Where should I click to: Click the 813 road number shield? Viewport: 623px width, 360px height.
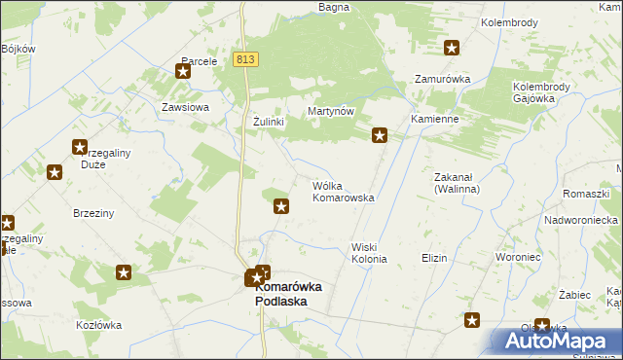pos(245,59)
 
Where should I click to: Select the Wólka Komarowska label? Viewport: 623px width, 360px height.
pos(343,191)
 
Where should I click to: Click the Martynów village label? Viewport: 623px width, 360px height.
pos(330,112)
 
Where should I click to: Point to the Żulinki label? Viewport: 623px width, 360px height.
pos(268,121)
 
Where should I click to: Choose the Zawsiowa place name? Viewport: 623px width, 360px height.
pos(186,107)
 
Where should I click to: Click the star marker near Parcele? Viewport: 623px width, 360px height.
pos(183,70)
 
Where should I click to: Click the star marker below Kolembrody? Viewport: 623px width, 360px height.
pos(452,47)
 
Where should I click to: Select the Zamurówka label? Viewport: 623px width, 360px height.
pos(443,79)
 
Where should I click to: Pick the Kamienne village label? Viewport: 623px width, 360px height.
pos(434,118)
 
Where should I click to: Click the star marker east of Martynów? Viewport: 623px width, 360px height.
pos(381,136)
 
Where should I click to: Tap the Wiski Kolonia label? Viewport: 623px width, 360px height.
pos(370,253)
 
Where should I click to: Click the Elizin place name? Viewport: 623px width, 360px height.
pos(434,258)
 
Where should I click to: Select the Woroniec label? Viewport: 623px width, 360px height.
pos(517,258)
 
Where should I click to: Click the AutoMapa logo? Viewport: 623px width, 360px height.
pos(555,342)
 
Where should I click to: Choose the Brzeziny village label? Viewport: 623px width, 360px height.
pos(93,212)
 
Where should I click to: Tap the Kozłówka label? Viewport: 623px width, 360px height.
pos(95,325)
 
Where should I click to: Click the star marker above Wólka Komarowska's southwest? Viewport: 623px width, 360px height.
pos(281,205)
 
